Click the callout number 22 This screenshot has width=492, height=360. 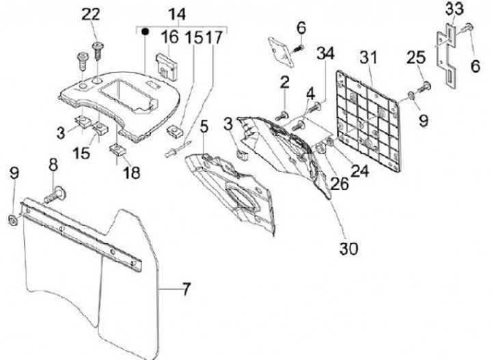click(x=90, y=14)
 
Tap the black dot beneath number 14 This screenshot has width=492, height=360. click(x=145, y=31)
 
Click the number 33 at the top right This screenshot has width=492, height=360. click(x=453, y=10)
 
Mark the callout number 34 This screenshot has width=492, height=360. click(x=326, y=54)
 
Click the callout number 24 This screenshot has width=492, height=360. click(x=360, y=171)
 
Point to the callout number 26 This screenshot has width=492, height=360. click(x=340, y=183)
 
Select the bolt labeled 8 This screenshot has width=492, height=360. click(x=54, y=195)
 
